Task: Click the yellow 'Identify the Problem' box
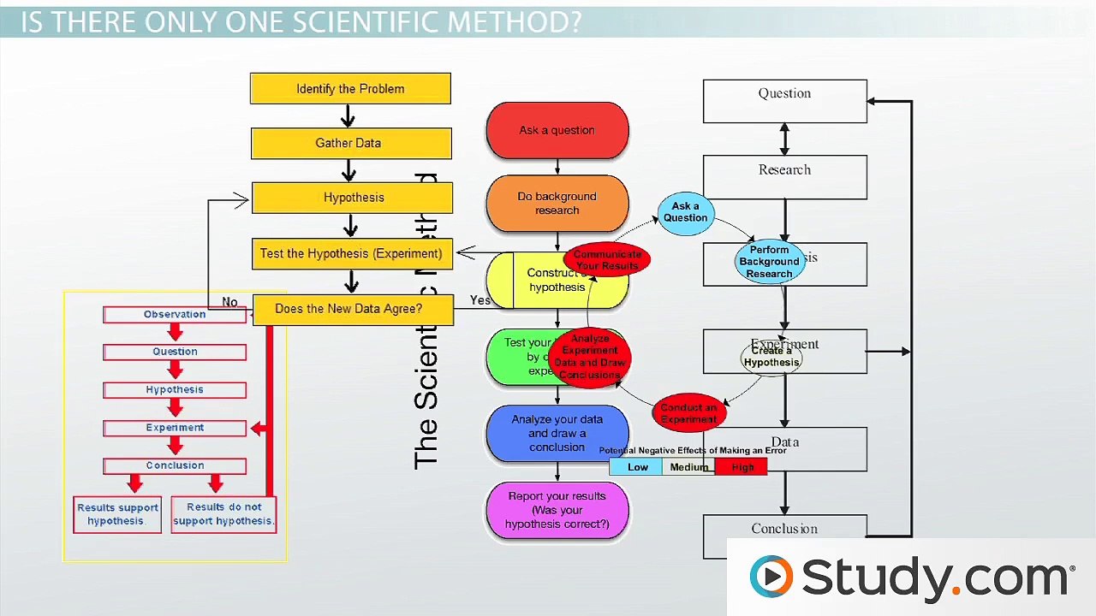pos(350,89)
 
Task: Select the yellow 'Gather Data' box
pos(350,143)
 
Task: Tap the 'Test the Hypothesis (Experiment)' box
pos(351,253)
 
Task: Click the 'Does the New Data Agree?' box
pos(349,309)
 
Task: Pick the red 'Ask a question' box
pos(557,130)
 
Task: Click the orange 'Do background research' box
pos(557,204)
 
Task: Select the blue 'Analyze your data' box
pos(557,433)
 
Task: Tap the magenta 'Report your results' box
pos(557,510)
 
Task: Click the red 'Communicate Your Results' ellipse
pos(607,260)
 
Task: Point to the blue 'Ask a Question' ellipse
pos(685,212)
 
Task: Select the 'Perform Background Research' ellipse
pos(769,262)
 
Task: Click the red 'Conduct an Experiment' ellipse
pos(688,413)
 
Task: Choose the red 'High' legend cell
pos(742,467)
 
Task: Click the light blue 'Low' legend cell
pos(636,467)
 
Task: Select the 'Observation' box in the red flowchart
pos(175,315)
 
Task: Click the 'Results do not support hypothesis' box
pos(223,514)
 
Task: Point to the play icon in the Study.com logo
pos(771,577)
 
